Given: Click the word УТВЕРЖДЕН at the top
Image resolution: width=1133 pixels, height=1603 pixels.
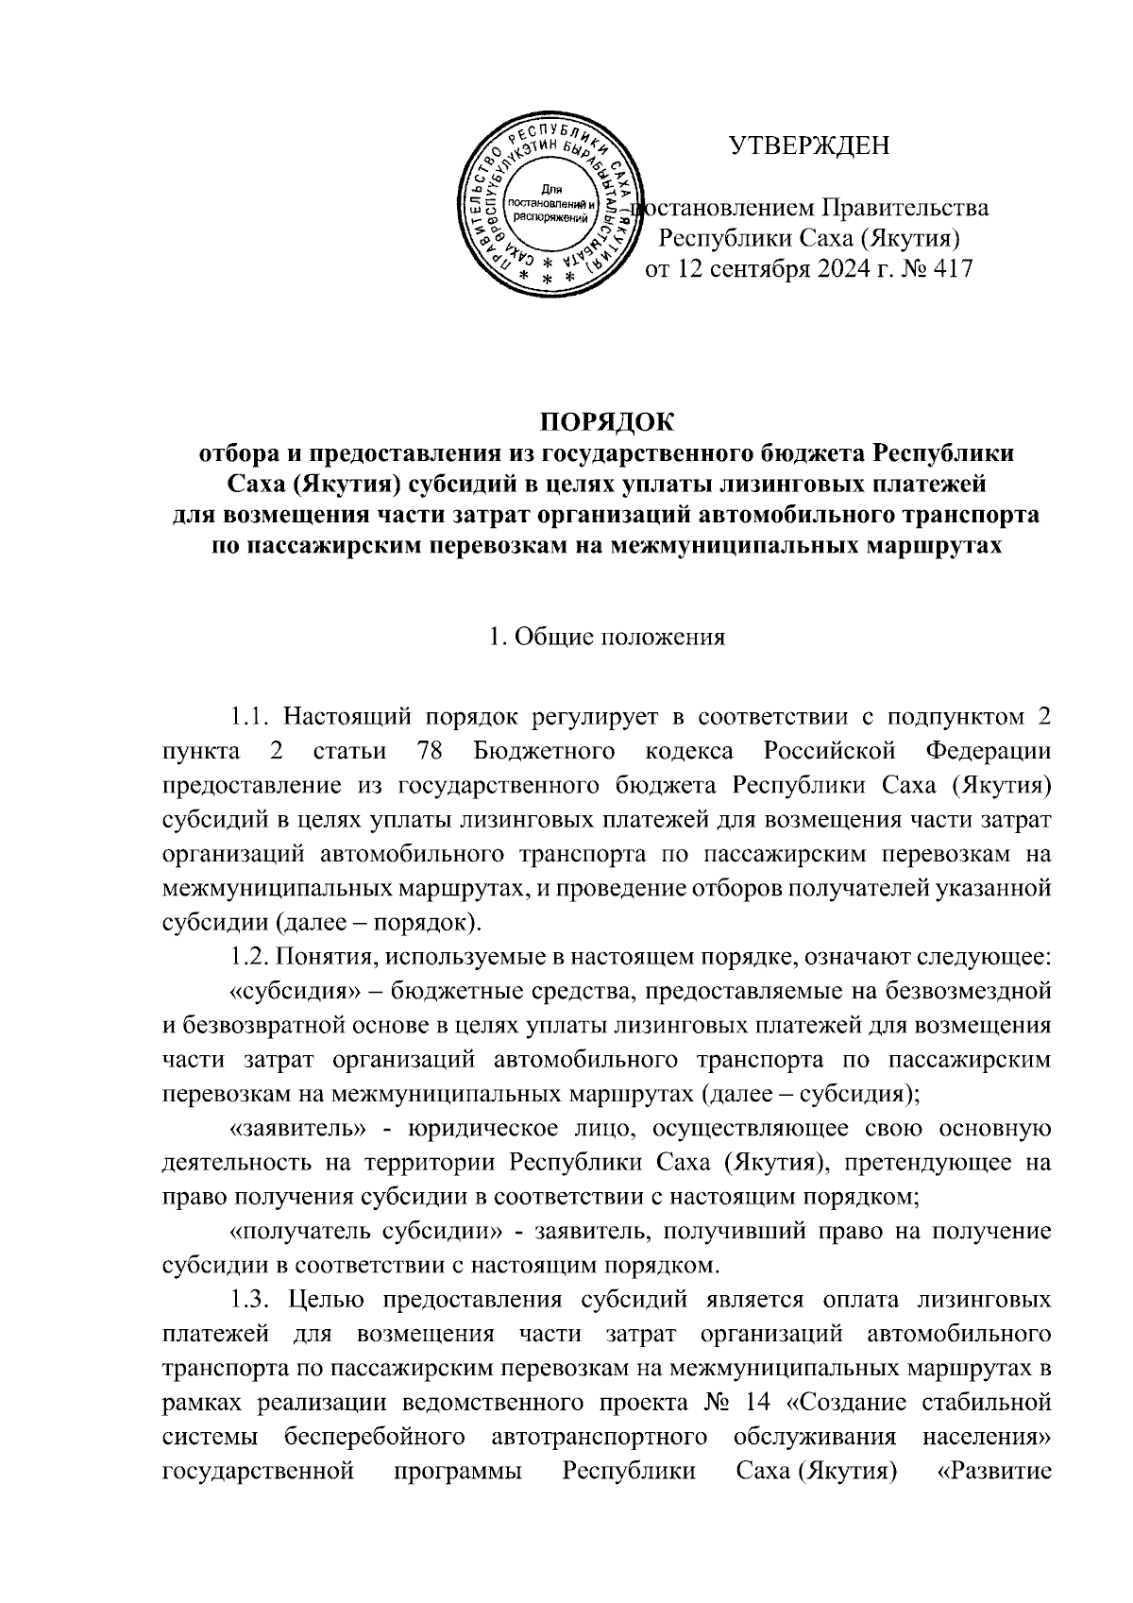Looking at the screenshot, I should pos(810,145).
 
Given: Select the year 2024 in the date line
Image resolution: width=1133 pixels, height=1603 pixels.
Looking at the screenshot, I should pos(834,269).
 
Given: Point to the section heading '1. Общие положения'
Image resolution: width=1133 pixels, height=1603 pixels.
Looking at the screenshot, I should pos(606,637).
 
